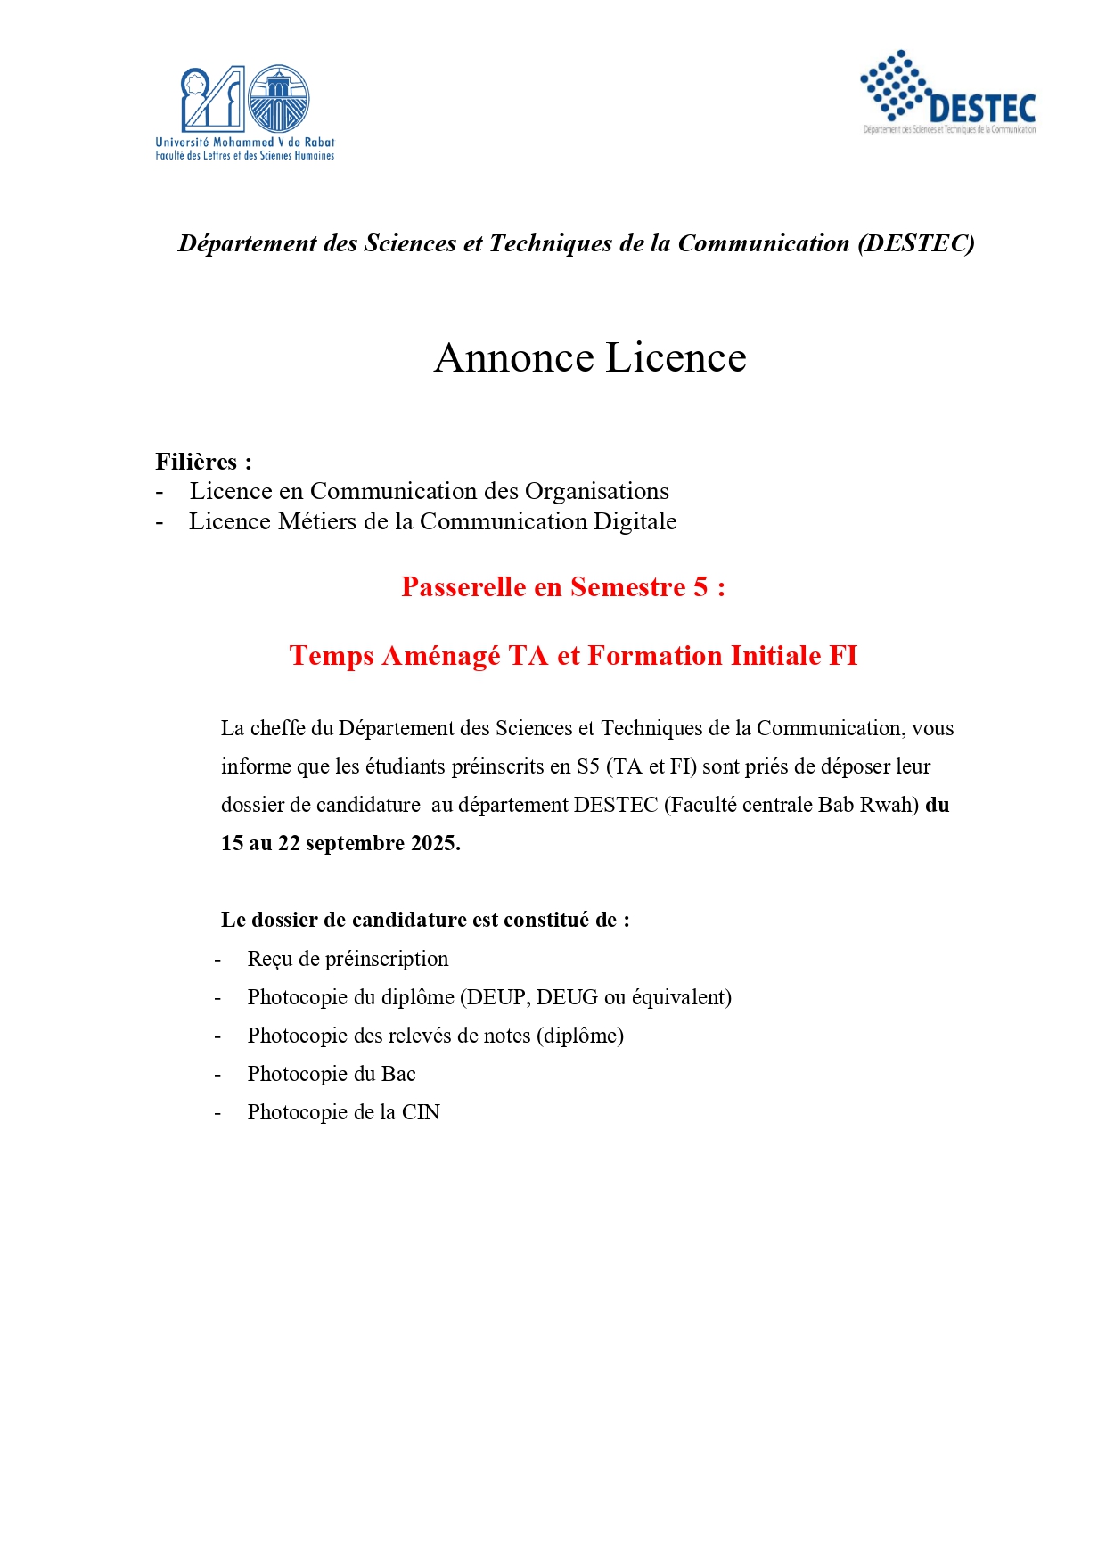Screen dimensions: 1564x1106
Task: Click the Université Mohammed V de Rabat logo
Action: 245,111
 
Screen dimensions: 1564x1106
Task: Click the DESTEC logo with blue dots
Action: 947,92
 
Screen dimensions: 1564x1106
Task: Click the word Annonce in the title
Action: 514,358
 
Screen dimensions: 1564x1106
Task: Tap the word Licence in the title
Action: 676,358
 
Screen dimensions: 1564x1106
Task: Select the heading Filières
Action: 196,462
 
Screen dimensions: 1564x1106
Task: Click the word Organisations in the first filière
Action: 596,491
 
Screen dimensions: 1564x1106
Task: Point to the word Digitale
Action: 635,521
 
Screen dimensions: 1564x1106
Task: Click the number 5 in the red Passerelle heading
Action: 700,587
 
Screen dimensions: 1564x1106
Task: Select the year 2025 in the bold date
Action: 434,843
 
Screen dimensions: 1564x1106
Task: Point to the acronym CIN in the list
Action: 421,1112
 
